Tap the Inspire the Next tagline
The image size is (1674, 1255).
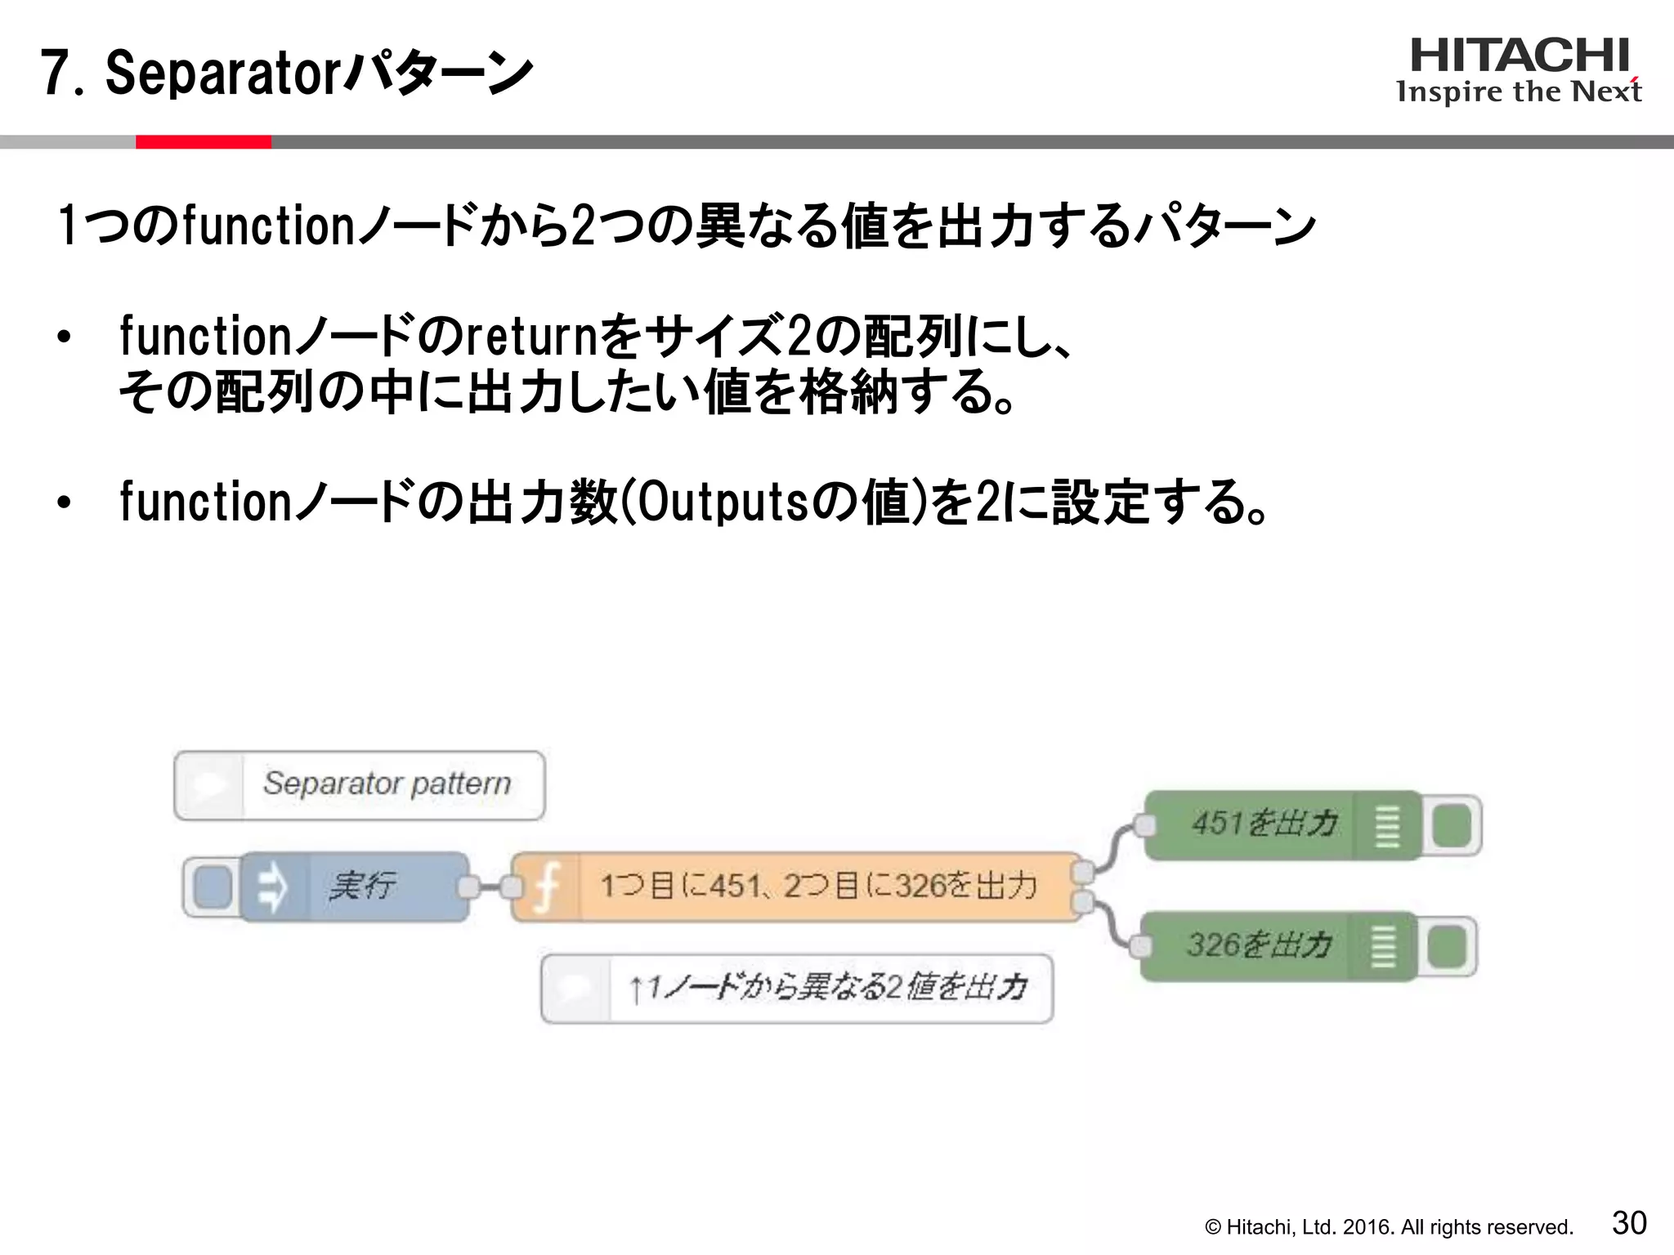coord(1519,92)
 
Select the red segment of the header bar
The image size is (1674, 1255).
coord(203,142)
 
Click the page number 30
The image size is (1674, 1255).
coord(1628,1223)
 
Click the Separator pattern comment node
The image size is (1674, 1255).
coord(360,784)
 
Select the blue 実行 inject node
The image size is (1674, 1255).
coord(360,886)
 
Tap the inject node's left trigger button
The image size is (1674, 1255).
coord(213,887)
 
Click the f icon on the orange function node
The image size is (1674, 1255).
coord(547,887)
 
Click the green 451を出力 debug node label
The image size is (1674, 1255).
coord(1263,824)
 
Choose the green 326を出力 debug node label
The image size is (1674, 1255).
coord(1259,945)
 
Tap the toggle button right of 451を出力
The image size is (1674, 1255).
coord(1451,825)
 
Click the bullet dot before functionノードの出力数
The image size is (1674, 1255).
coord(65,502)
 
